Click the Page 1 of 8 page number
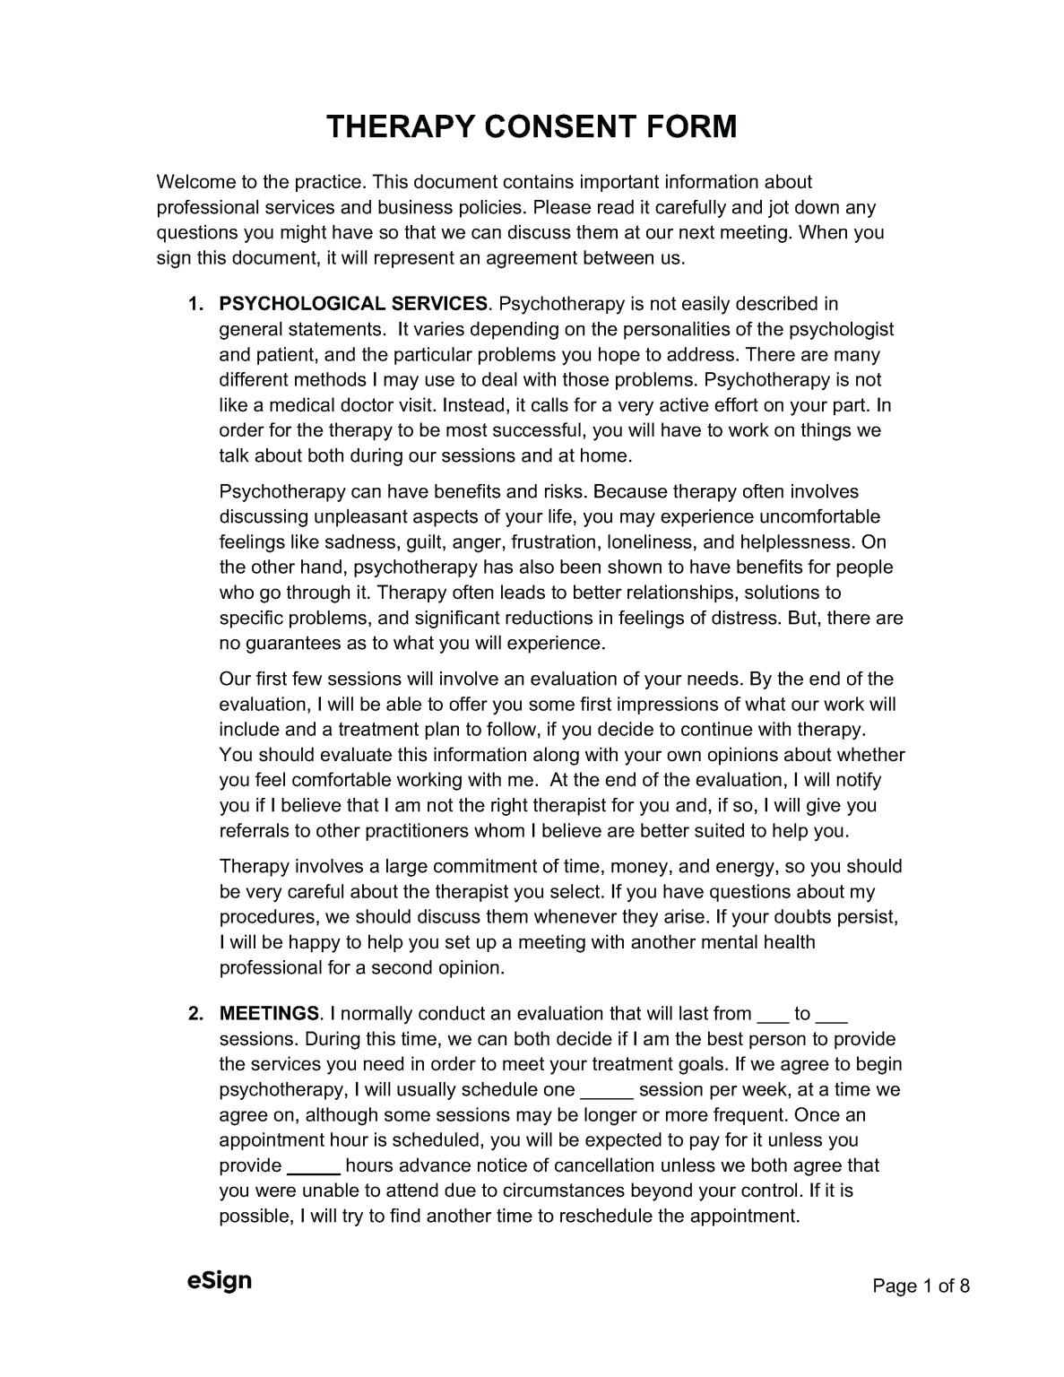[x=921, y=1286]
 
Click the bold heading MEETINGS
[x=269, y=1014]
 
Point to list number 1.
[x=194, y=305]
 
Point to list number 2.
[x=194, y=1014]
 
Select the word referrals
[x=254, y=831]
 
